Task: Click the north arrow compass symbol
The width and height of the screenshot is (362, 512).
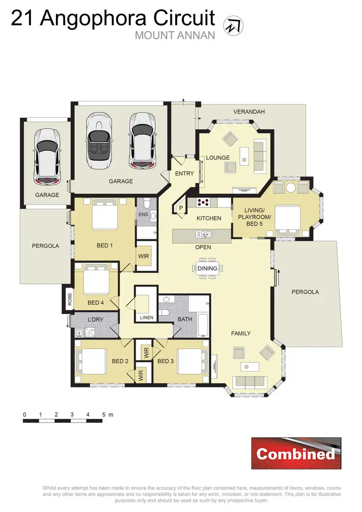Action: point(234,25)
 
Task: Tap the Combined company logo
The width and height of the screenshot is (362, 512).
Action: point(296,453)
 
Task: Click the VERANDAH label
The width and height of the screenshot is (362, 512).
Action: point(249,112)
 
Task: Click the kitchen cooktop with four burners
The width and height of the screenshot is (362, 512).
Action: point(203,202)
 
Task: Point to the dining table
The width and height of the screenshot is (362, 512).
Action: point(208,268)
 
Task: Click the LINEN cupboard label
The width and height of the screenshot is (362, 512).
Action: point(146,318)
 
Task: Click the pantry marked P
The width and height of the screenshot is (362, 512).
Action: point(181,208)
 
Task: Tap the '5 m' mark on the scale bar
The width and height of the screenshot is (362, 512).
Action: point(107,415)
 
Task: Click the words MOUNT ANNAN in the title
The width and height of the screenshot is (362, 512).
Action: point(175,35)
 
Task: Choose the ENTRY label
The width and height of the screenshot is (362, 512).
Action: point(184,174)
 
